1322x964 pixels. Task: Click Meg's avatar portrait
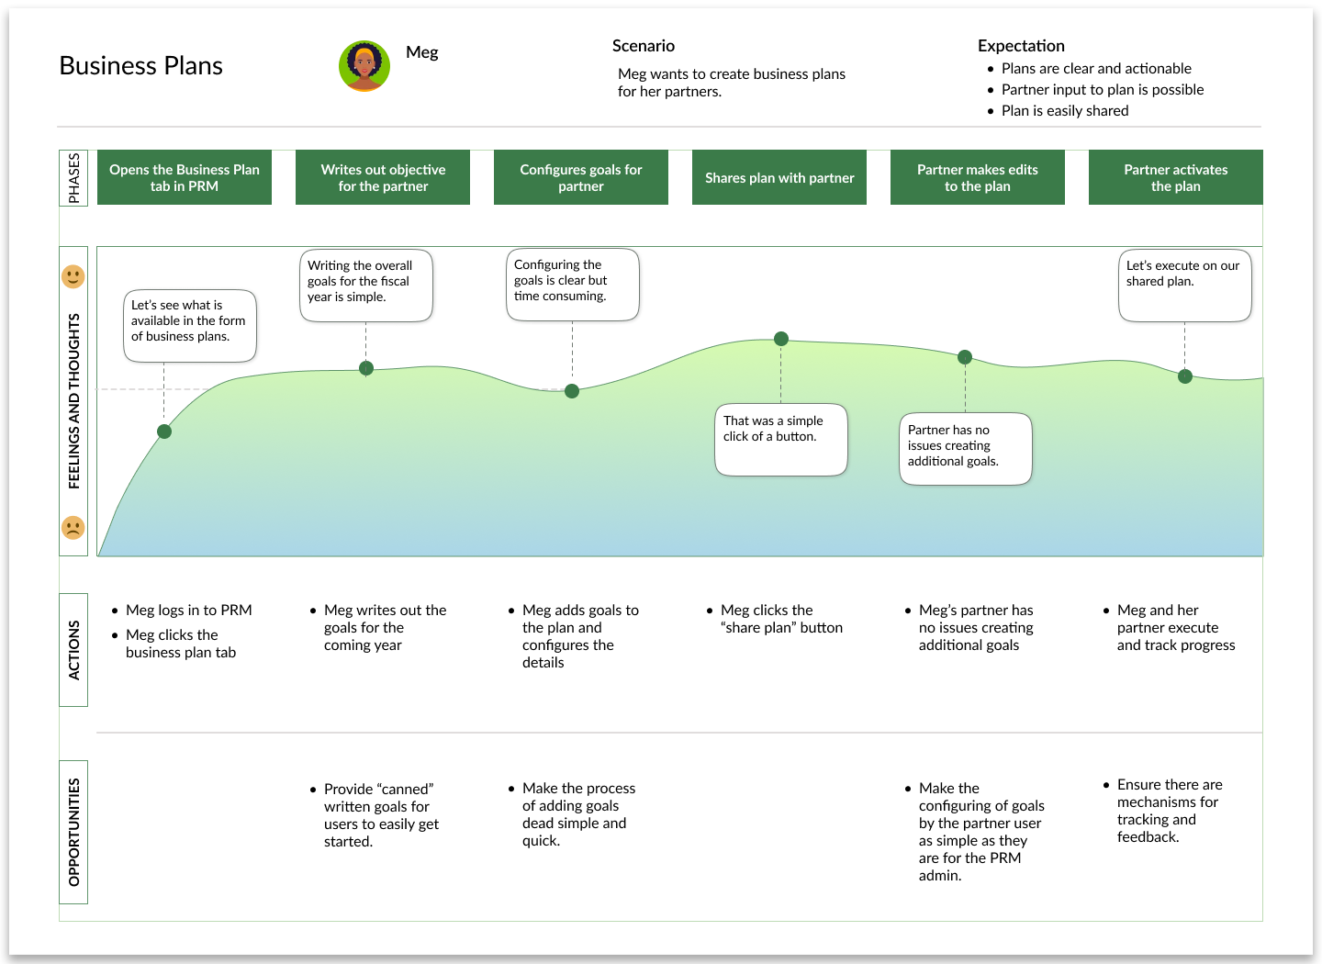coord(364,66)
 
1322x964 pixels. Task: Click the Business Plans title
coord(140,66)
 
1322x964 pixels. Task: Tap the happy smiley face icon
coord(73,276)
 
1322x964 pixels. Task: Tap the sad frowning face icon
coord(73,528)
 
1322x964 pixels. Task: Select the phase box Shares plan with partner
coord(779,178)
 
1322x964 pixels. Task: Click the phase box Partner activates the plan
coord(1175,178)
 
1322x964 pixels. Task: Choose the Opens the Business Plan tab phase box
coord(185,178)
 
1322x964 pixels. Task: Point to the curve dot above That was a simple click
coord(781,339)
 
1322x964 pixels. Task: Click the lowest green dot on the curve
coord(164,432)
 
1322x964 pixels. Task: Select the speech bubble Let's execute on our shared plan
coord(1184,286)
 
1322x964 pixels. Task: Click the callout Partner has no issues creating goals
coord(965,449)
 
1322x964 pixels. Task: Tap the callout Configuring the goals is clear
coord(572,285)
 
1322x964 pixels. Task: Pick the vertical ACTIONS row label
coord(73,650)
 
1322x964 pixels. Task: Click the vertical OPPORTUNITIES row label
coord(73,832)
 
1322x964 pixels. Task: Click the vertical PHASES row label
coord(73,178)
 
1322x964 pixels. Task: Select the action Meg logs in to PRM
coord(188,611)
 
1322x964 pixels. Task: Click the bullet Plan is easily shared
coord(1065,111)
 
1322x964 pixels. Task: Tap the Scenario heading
coord(644,46)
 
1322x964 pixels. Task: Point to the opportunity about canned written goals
coord(381,815)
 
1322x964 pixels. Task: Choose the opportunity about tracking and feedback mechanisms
coord(1169,811)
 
